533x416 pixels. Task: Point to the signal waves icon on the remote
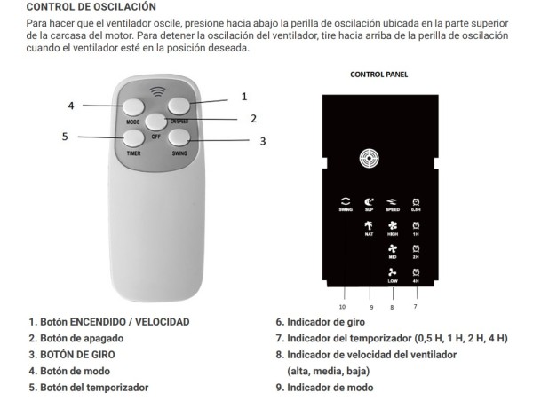click(158, 90)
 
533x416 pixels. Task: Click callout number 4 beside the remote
click(71, 106)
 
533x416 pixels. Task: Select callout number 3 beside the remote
click(263, 141)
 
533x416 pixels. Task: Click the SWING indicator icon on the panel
click(346, 201)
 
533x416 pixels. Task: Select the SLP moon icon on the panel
click(369, 201)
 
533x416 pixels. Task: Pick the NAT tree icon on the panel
click(369, 228)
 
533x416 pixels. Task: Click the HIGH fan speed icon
click(393, 228)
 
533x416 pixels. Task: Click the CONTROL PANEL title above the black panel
click(378, 75)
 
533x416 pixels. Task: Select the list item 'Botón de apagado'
click(80, 338)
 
